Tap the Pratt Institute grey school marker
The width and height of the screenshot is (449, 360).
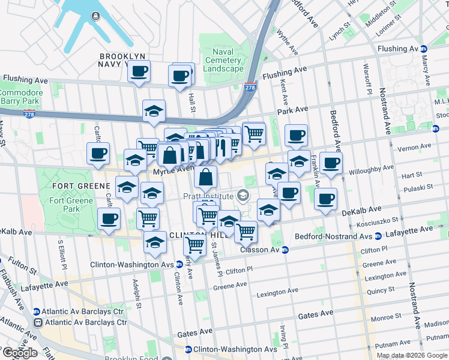pos(243,196)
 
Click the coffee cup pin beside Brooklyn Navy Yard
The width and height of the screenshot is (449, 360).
pos(139,72)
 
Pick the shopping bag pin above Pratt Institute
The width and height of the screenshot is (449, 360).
pos(205,178)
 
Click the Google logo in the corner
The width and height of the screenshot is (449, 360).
pos(19,353)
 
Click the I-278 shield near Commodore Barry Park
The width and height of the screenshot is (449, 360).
pos(29,114)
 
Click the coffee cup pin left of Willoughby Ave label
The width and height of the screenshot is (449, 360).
pos(330,163)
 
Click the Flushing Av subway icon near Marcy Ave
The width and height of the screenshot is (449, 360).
pos(424,49)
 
